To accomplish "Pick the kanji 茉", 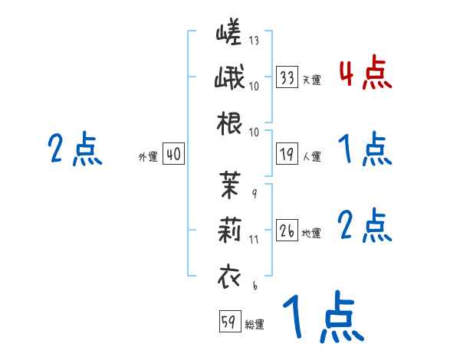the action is (229, 184).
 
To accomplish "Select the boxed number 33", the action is (287, 77).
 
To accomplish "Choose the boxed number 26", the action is (287, 231).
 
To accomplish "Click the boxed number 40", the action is (172, 155).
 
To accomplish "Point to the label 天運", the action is (311, 79).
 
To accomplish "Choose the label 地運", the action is (311, 233).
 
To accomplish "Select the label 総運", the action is (254, 325).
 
